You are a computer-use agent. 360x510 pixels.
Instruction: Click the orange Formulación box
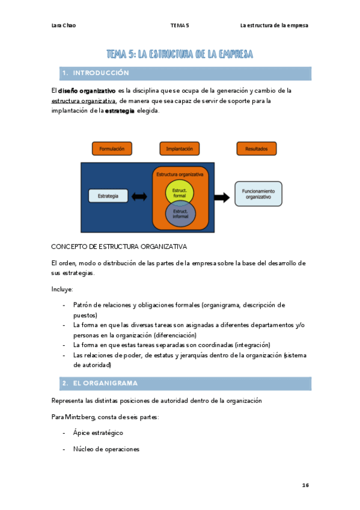click(x=112, y=149)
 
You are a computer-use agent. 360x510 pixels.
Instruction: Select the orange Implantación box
click(x=179, y=149)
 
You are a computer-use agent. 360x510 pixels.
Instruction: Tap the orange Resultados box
click(x=256, y=149)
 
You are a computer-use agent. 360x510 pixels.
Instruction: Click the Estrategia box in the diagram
click(x=108, y=196)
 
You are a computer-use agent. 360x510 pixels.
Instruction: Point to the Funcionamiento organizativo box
click(x=258, y=194)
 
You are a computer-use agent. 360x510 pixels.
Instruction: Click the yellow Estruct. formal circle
click(x=180, y=192)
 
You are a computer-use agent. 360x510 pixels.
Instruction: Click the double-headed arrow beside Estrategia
click(x=139, y=196)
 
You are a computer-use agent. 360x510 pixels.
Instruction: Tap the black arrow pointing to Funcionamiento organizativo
click(x=221, y=197)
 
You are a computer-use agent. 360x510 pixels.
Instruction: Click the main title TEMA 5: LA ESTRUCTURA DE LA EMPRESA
click(x=180, y=55)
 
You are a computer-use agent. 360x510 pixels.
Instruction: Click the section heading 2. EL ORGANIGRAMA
click(x=99, y=383)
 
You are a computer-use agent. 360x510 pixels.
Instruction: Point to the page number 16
click(x=305, y=485)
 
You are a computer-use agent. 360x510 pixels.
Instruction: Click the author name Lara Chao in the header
click(x=64, y=25)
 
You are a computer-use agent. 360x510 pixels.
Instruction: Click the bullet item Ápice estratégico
click(x=98, y=432)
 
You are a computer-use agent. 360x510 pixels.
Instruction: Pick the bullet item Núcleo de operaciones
click(x=106, y=449)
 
